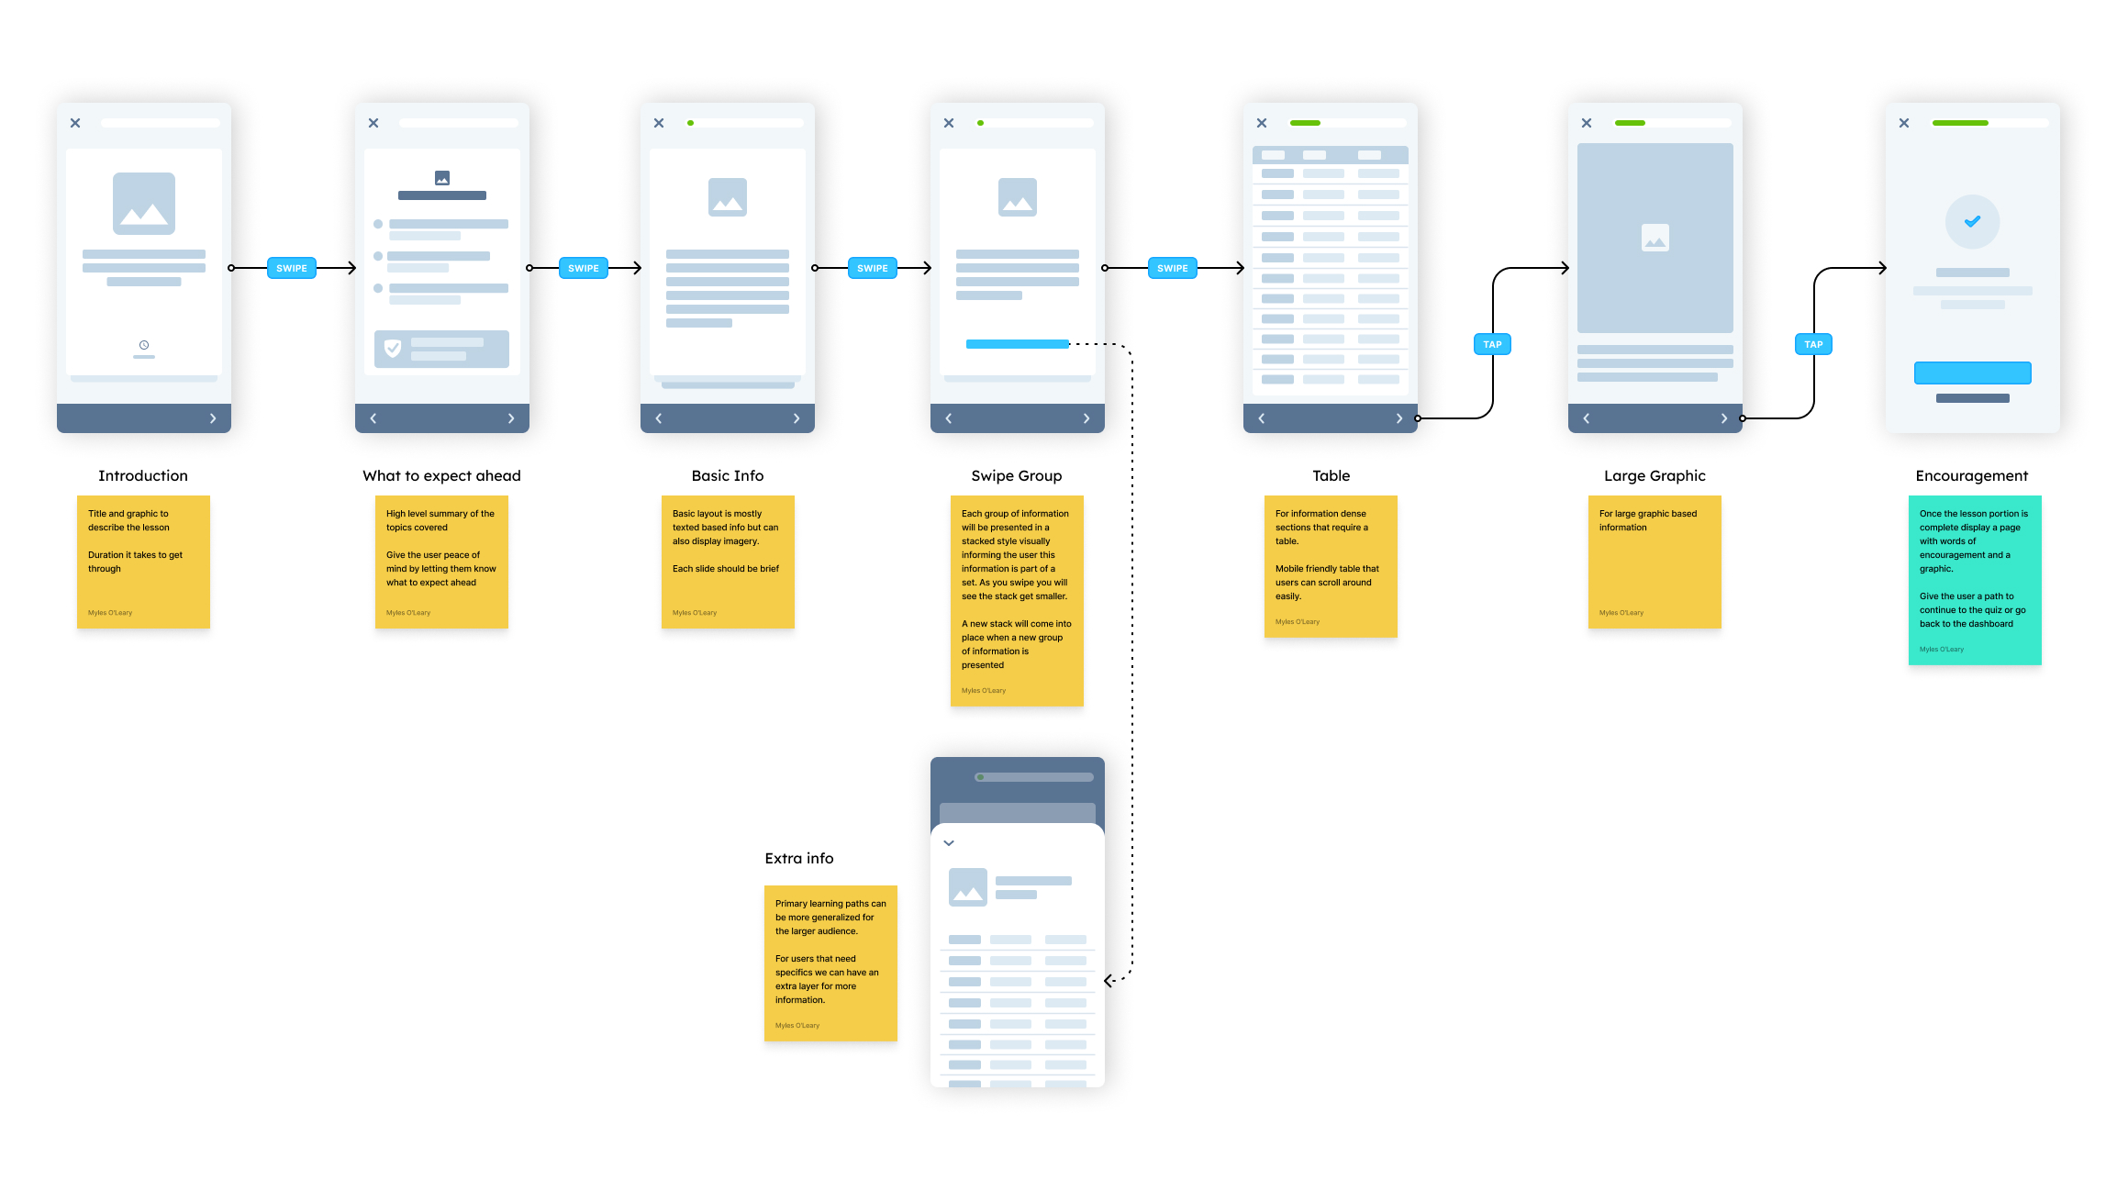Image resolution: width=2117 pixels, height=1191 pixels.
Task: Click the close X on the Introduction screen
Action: point(75,123)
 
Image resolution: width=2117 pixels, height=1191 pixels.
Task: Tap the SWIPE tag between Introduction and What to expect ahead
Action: point(292,268)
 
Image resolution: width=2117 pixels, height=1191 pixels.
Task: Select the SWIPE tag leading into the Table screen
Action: point(1172,268)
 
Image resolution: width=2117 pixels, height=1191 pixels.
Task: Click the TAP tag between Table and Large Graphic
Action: point(1492,344)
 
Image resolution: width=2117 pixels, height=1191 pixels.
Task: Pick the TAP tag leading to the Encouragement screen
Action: point(1813,344)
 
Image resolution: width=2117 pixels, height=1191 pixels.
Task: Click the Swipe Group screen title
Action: point(1016,475)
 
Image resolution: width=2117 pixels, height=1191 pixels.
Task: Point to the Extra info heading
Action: point(799,858)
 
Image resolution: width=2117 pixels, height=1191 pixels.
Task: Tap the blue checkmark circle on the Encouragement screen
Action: point(1972,221)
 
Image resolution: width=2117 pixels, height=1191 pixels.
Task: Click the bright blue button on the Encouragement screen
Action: point(1972,373)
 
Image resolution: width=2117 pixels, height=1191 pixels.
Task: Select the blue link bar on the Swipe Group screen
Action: point(1017,344)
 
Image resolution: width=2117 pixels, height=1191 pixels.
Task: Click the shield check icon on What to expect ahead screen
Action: point(393,349)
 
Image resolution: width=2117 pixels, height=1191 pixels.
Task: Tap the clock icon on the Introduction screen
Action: point(144,345)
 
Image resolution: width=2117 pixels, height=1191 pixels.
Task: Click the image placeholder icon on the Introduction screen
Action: point(144,204)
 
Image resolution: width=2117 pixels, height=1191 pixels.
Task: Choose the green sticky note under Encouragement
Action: point(1975,580)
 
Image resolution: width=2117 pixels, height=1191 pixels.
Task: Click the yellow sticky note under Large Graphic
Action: point(1655,562)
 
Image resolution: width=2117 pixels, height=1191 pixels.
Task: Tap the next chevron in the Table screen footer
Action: point(1399,418)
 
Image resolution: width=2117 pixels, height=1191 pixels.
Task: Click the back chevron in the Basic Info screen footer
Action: point(659,418)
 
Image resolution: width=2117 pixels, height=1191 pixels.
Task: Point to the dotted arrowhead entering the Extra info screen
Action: point(1109,981)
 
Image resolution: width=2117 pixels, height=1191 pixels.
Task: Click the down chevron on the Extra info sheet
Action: point(949,842)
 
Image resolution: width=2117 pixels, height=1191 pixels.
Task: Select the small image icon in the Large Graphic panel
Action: point(1655,238)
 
